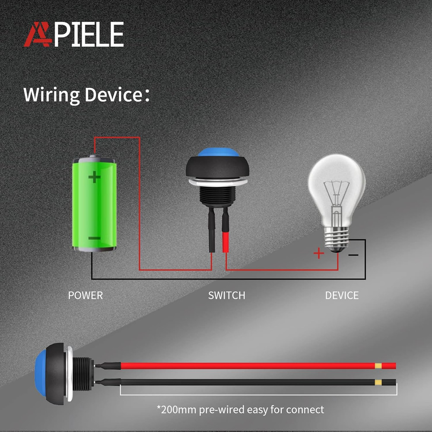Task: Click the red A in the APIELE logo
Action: pos(37,35)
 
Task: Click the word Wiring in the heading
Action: pos(51,95)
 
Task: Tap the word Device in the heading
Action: pos(113,95)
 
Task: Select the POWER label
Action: pos(86,295)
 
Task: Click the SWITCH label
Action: pos(226,295)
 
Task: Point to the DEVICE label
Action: pos(342,295)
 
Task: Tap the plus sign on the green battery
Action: pos(94,177)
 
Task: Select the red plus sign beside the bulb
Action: pos(319,253)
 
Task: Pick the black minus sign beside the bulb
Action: pos(353,255)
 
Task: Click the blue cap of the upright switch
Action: pos(218,152)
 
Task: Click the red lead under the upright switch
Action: pos(226,242)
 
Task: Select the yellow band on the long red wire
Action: pos(378,366)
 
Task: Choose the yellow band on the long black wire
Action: pos(378,382)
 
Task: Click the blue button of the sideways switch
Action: pos(41,373)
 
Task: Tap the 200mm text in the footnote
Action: pos(179,410)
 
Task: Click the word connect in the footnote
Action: pos(305,410)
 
